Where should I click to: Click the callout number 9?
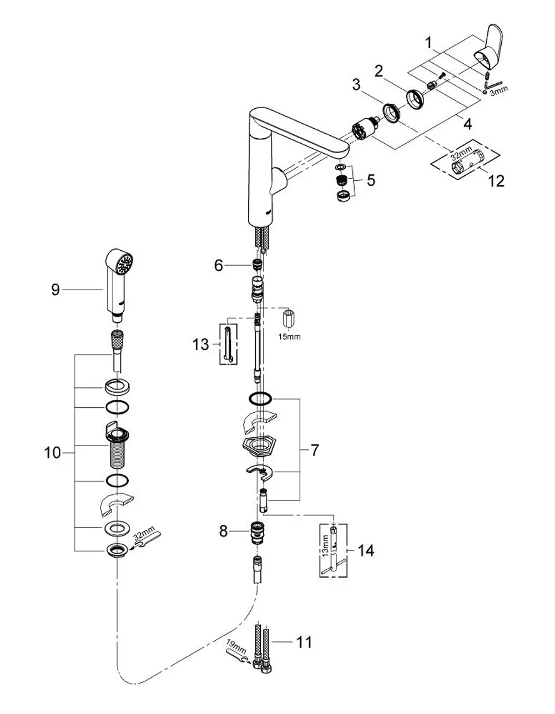pos(56,290)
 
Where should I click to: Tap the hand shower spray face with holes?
pos(125,264)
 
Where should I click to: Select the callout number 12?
pos(496,181)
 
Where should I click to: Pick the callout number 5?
pos(371,180)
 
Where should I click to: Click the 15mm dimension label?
pos(290,337)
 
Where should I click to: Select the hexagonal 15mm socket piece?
pos(287,318)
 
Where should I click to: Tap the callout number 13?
pos(200,345)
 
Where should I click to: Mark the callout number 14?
pos(366,550)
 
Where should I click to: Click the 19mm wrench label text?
pos(236,647)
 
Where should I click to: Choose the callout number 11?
pos(304,642)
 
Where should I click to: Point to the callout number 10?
pos(53,453)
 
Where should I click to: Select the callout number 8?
pos(224,531)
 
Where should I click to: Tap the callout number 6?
pos(219,265)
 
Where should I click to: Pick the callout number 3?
pos(356,84)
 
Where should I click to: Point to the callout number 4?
pos(467,124)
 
